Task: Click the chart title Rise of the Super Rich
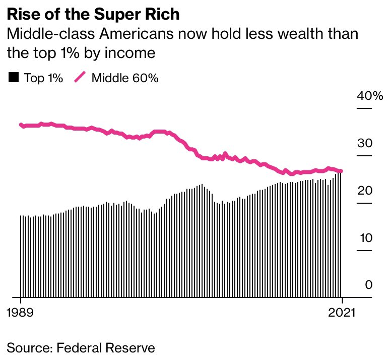pyautogui.click(x=93, y=14)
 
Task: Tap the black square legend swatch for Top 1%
pyautogui.click(x=14, y=77)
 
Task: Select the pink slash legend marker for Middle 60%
pyautogui.click(x=80, y=77)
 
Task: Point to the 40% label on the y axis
pyautogui.click(x=370, y=96)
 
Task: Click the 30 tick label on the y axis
pyautogui.click(x=365, y=143)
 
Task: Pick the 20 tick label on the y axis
pyautogui.click(x=365, y=191)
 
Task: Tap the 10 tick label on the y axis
pyautogui.click(x=366, y=238)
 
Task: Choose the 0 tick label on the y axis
pyautogui.click(x=369, y=285)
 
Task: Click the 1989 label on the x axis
pyautogui.click(x=20, y=312)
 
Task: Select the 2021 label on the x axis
pyautogui.click(x=342, y=312)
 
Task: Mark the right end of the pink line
pyautogui.click(x=341, y=171)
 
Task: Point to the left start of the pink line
pyautogui.click(x=21, y=125)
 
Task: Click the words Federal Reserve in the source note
pyautogui.click(x=106, y=347)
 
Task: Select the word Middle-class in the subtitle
pyautogui.click(x=51, y=33)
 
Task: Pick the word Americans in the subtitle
pyautogui.click(x=137, y=33)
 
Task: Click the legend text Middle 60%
pyautogui.click(x=125, y=78)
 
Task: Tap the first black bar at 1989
pyautogui.click(x=21, y=256)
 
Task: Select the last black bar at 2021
pyautogui.click(x=341, y=234)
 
